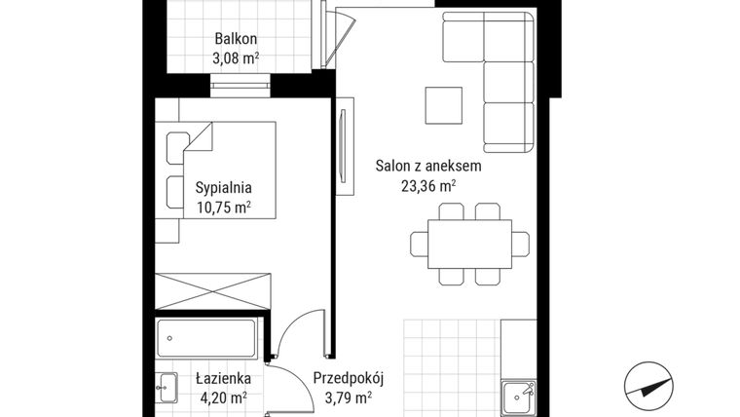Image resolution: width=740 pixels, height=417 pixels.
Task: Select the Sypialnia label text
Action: (224, 188)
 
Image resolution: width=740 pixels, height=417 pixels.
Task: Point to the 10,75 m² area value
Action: (224, 207)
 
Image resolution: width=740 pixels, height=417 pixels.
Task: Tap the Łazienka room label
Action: (223, 378)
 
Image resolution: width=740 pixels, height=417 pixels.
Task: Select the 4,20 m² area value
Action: (223, 398)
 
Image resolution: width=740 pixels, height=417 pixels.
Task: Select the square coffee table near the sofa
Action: (444, 105)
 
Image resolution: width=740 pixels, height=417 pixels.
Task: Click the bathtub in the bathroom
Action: (208, 338)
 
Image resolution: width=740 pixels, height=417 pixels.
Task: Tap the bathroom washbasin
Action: (166, 386)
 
